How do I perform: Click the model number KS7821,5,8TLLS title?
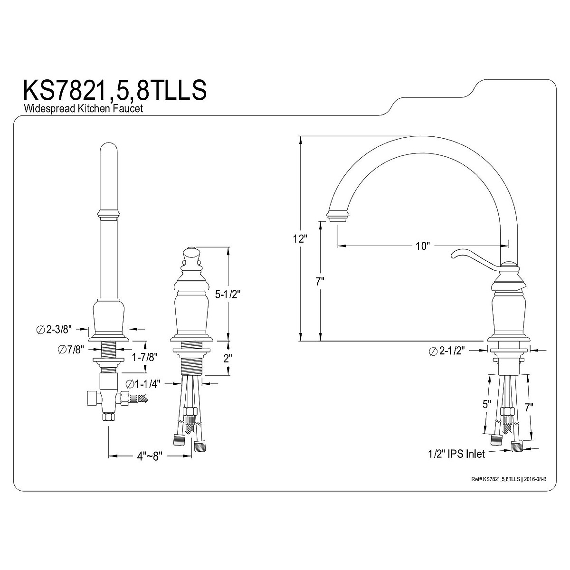[115, 90]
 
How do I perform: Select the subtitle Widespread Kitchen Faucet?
[83, 108]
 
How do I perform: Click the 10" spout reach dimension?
[422, 246]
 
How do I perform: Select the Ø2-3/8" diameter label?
[54, 329]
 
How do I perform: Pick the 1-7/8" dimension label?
[144, 357]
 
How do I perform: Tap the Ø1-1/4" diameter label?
[143, 384]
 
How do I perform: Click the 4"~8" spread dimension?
[150, 456]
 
